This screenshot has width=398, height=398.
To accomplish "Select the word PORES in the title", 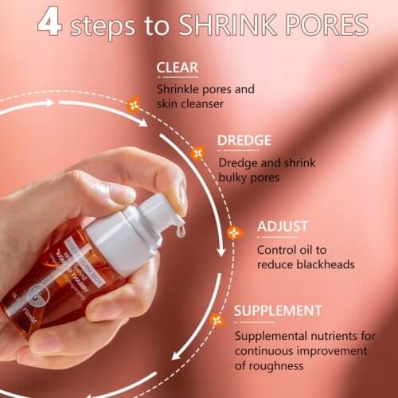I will click(325, 25).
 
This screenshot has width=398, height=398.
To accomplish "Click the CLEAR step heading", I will click(178, 68).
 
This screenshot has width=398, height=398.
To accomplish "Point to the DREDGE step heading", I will click(244, 141).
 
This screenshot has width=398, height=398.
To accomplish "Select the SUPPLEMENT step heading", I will click(279, 310).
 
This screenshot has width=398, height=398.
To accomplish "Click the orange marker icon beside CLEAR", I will click(134, 103).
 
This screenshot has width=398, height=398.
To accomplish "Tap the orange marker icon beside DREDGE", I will click(197, 152).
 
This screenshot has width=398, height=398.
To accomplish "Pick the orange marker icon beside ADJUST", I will click(235, 233).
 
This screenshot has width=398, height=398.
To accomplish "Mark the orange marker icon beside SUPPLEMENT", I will click(217, 320).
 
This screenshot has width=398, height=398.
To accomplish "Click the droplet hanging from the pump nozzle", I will click(181, 231).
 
